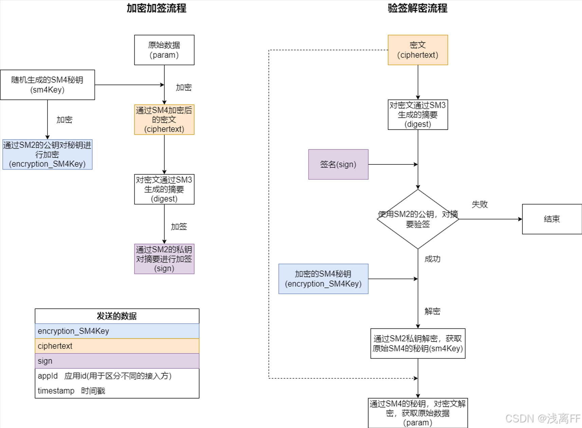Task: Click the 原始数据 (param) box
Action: point(164,50)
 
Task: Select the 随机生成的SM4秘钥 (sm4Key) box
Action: point(47,85)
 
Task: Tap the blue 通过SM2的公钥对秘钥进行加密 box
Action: point(48,155)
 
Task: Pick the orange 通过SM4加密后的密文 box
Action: point(164,120)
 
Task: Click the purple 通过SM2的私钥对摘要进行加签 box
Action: point(164,259)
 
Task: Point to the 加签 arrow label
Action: point(179,227)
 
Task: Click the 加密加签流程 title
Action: point(157,8)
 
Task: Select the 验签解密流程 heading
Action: point(418,8)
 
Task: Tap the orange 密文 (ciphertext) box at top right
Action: point(418,50)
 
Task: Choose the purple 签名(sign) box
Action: point(338,164)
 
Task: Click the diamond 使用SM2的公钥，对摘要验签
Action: point(418,219)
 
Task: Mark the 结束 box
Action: point(552,219)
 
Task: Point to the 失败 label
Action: point(480,204)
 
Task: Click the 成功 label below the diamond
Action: point(433,259)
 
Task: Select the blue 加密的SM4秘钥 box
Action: point(323,279)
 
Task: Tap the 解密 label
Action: point(433,311)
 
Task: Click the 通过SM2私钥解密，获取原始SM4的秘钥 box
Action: point(418,343)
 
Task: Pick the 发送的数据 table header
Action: point(117,316)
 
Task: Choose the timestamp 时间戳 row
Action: point(117,391)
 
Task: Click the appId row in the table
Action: point(117,376)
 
